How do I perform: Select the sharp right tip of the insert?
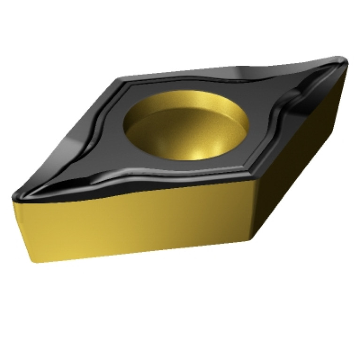click(346, 60)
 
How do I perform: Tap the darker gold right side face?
click(300, 155)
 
